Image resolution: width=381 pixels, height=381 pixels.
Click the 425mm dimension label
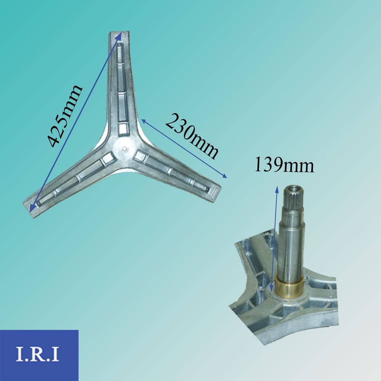coord(64,116)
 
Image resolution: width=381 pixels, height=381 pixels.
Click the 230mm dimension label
coord(192,137)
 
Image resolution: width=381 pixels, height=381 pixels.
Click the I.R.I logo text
coord(37,354)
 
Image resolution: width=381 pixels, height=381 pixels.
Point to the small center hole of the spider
coord(125,148)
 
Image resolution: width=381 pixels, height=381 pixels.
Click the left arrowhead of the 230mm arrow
coord(144,121)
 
